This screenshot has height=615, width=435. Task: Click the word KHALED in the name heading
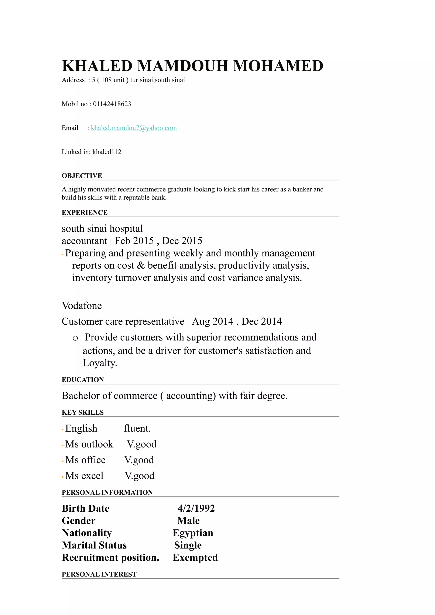click(x=97, y=66)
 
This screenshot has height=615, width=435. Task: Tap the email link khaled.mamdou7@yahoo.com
click(x=134, y=128)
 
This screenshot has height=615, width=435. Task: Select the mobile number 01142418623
click(x=112, y=104)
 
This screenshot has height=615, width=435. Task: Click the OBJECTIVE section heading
click(x=82, y=176)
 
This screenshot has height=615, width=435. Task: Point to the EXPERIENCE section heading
click(x=84, y=213)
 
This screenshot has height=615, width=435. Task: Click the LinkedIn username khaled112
click(x=107, y=152)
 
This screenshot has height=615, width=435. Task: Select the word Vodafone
click(x=82, y=306)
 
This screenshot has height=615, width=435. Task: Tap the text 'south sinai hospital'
click(x=102, y=228)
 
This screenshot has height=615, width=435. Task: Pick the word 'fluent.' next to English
click(x=137, y=428)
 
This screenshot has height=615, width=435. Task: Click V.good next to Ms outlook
click(x=141, y=444)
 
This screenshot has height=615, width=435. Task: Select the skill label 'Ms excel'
click(x=84, y=476)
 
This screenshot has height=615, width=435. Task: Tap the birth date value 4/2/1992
click(x=196, y=508)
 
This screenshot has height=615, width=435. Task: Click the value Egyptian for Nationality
click(x=193, y=533)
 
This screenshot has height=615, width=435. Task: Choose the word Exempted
click(x=195, y=558)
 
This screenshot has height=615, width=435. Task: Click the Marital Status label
click(x=94, y=545)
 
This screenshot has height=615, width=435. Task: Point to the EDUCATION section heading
click(x=83, y=380)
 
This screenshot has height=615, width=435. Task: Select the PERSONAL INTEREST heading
click(x=99, y=574)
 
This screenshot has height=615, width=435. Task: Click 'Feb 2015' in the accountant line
click(x=134, y=241)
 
